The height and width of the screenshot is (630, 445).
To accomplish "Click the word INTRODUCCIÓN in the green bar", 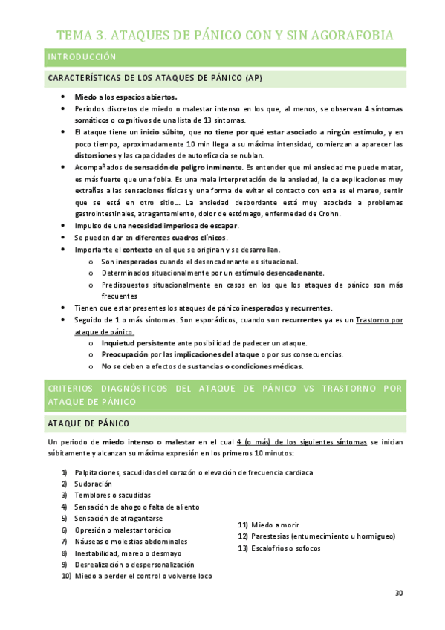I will click(x=82, y=56).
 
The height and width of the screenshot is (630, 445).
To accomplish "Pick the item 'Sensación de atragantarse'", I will click(x=118, y=518).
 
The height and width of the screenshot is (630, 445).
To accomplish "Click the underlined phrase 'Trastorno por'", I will click(x=380, y=319).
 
